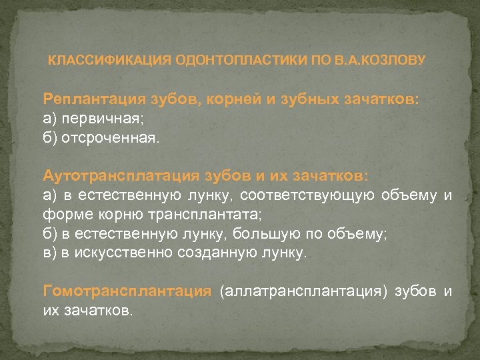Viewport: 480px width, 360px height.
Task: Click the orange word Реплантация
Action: (x=92, y=99)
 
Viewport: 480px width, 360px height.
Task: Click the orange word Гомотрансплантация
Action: (x=127, y=291)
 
